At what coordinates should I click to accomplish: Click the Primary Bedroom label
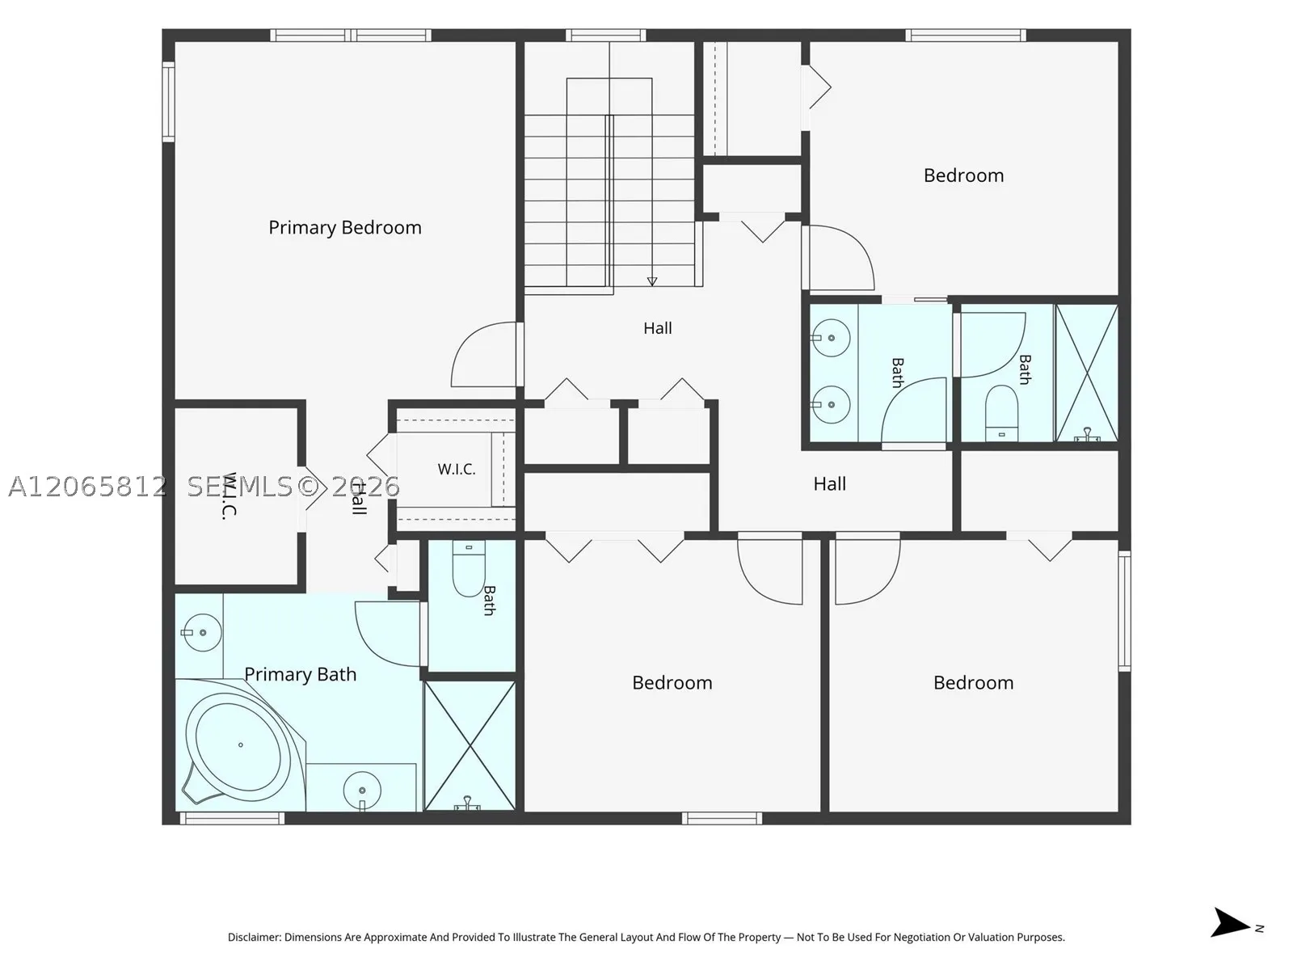tap(344, 228)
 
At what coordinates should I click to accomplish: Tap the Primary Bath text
tap(301, 674)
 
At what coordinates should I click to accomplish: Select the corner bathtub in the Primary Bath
tap(242, 745)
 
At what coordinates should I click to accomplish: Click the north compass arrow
tap(1229, 922)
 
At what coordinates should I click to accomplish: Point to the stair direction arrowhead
tap(652, 281)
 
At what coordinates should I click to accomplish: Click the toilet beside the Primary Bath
tap(469, 568)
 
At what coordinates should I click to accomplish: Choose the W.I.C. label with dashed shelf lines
tap(457, 470)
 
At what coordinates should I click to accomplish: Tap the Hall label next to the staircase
tap(657, 328)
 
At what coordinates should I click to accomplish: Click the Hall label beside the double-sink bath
tap(829, 484)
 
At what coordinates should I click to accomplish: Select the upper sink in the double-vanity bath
tap(831, 338)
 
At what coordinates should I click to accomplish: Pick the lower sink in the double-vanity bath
tap(831, 405)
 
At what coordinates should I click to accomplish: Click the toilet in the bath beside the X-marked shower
tap(1001, 412)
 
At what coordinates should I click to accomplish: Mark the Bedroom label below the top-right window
tap(964, 175)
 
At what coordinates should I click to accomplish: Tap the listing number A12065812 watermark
tap(87, 487)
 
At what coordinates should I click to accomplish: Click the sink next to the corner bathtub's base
tap(362, 791)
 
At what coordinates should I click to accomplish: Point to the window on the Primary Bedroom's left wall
tap(168, 102)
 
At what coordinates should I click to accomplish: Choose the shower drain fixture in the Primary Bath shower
tap(468, 803)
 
